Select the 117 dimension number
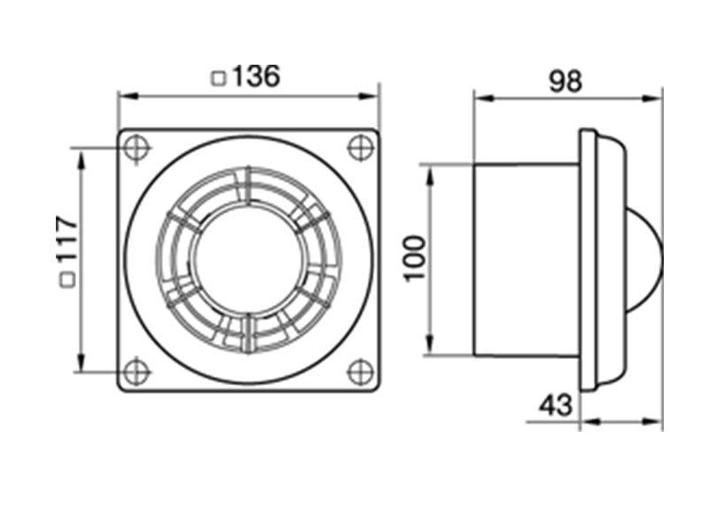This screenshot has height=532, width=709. click(x=67, y=239)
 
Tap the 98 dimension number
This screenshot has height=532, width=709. click(x=565, y=82)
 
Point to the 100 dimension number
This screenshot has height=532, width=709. click(x=415, y=259)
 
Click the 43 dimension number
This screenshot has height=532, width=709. click(x=556, y=405)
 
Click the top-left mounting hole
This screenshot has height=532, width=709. click(x=136, y=148)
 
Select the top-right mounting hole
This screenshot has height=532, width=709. click(x=361, y=147)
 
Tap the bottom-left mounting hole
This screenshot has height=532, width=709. click(x=136, y=372)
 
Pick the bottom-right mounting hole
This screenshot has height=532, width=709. click(x=361, y=372)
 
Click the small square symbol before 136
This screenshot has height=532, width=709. click(x=219, y=79)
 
